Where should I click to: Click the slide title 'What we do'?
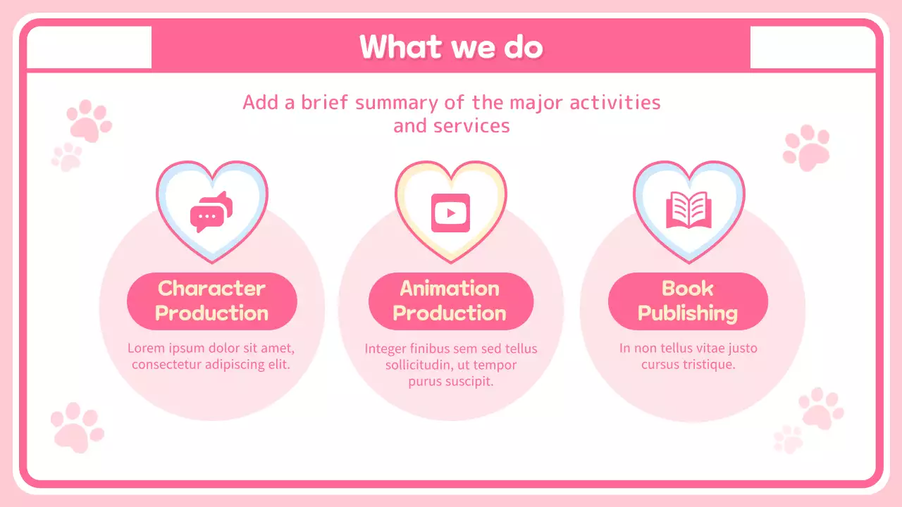pyautogui.click(x=451, y=47)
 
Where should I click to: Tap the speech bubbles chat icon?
pyautogui.click(x=211, y=212)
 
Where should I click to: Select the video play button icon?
pyautogui.click(x=450, y=212)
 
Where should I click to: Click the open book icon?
pyautogui.click(x=688, y=211)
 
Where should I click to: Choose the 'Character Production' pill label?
pyautogui.click(x=211, y=301)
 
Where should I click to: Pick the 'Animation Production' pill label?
pyautogui.click(x=450, y=301)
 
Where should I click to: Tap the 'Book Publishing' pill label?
pyautogui.click(x=688, y=301)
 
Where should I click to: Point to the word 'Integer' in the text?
pyautogui.click(x=385, y=349)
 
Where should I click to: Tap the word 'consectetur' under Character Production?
pyautogui.click(x=166, y=365)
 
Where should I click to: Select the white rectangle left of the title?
pyautogui.click(x=89, y=47)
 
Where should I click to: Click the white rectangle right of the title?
pyautogui.click(x=813, y=47)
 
